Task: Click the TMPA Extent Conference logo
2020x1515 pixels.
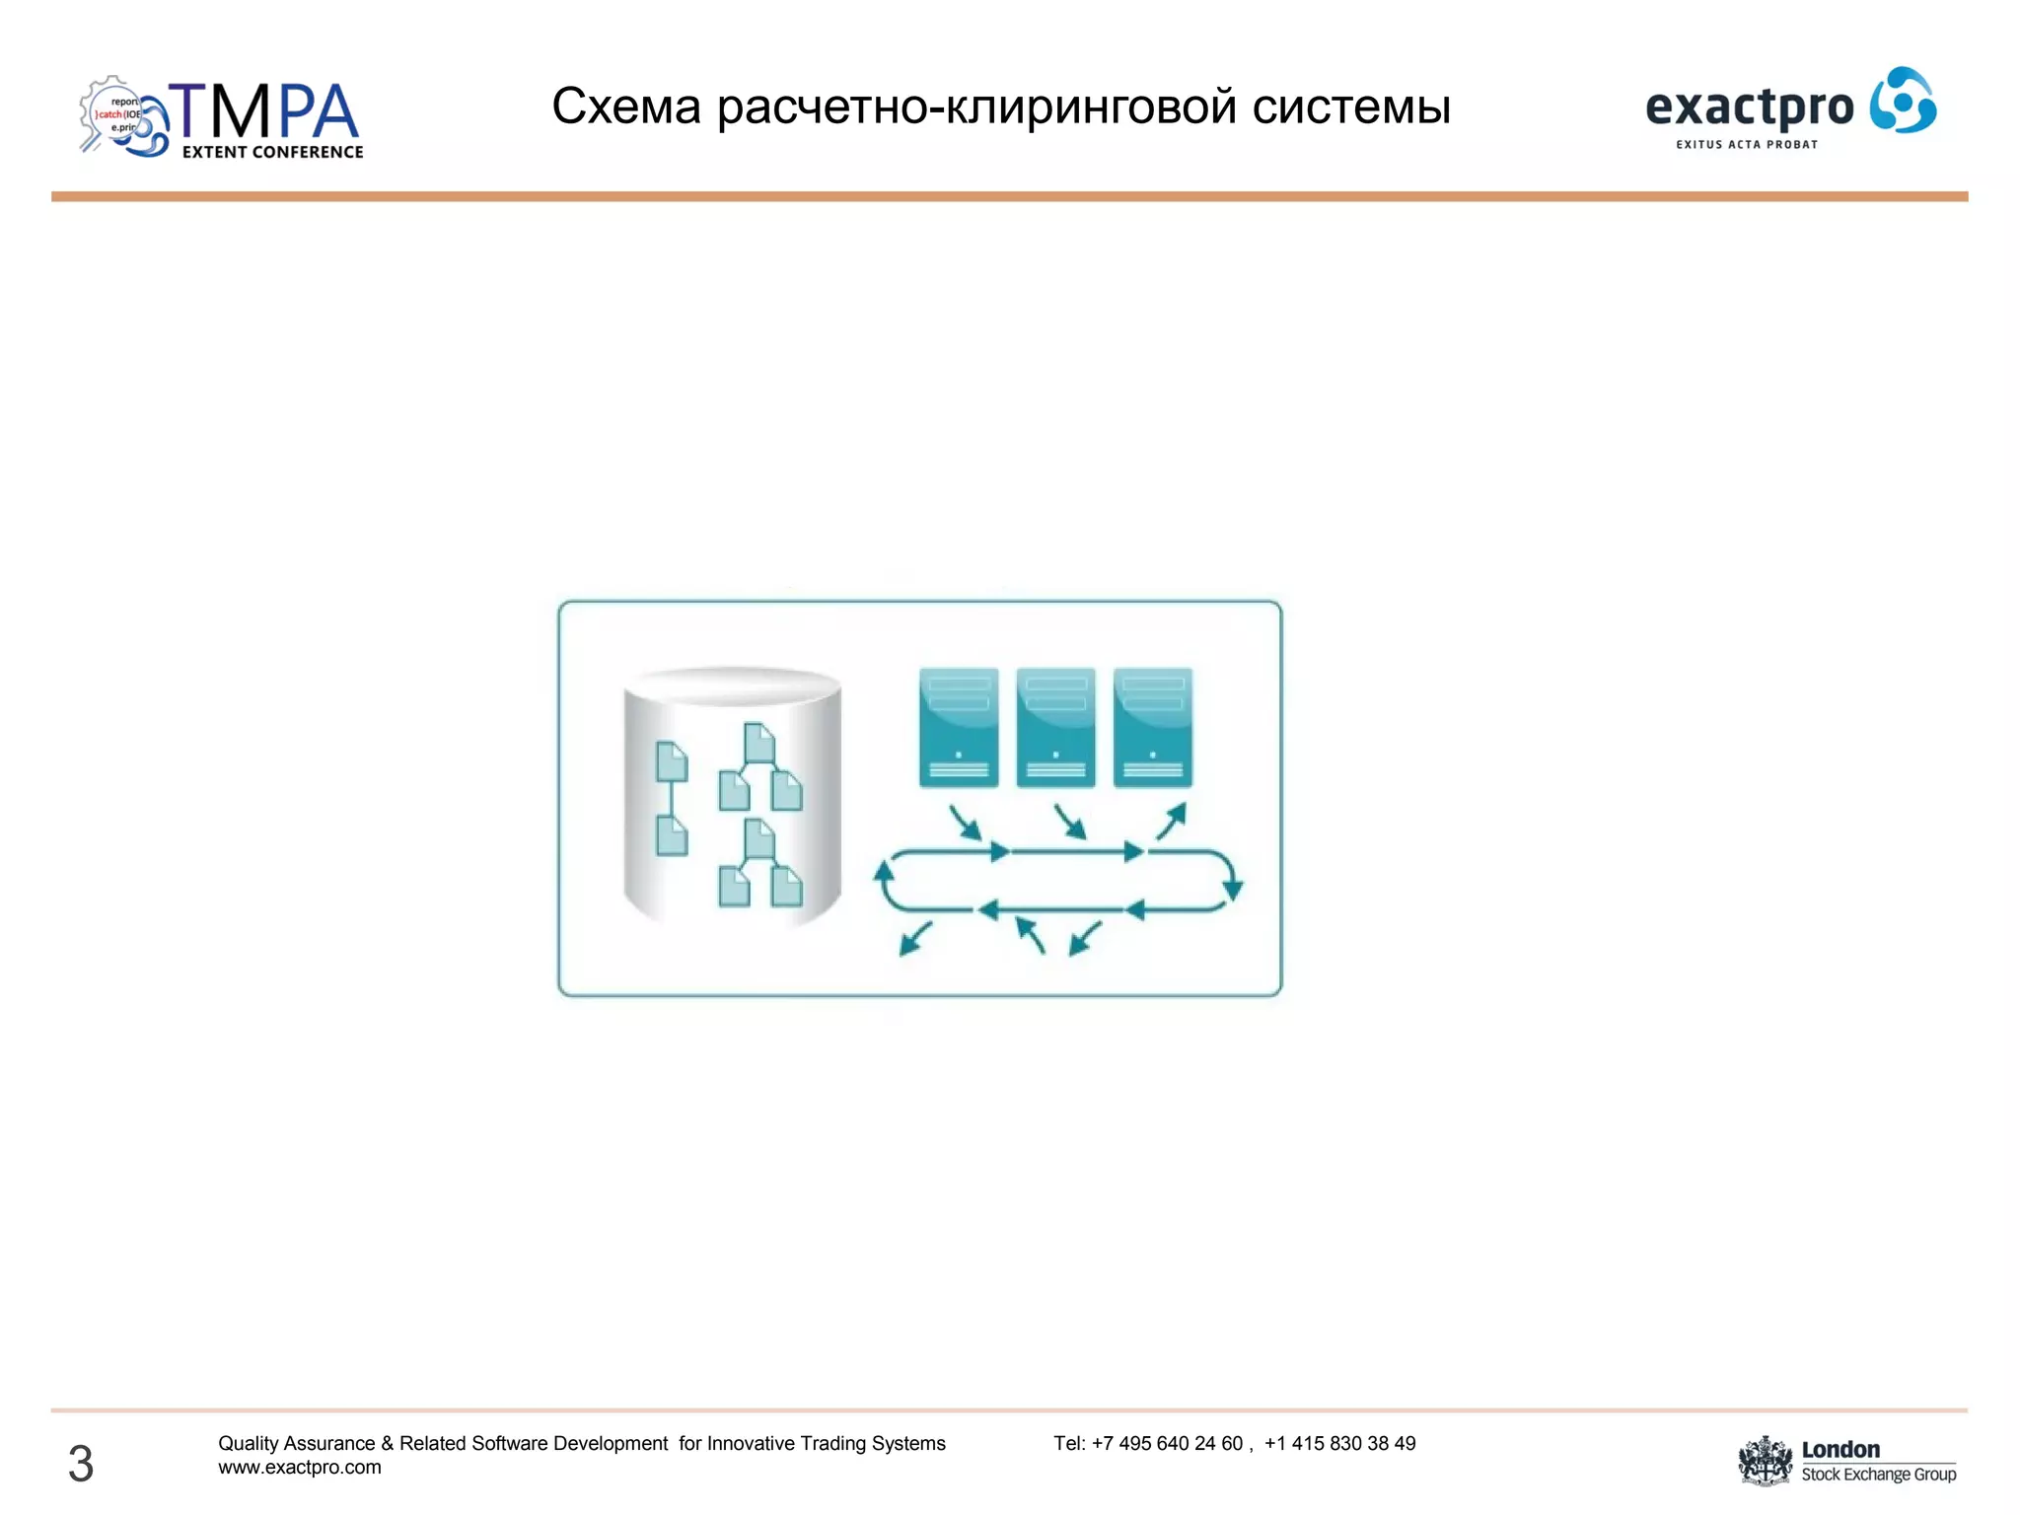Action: (222, 117)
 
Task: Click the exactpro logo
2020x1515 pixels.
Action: (1790, 108)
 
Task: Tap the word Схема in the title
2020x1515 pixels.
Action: (625, 107)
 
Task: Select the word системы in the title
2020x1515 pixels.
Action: (1351, 107)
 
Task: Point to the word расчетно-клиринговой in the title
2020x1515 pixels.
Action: (976, 107)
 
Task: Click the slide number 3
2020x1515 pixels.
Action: (81, 1463)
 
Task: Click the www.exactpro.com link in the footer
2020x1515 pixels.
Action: (300, 1468)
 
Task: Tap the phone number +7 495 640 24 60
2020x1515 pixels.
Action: (1167, 1443)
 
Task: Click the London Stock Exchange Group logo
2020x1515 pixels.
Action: (1847, 1462)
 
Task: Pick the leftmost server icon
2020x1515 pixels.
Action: (959, 727)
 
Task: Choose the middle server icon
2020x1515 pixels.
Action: (1055, 727)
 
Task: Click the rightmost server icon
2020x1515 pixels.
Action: (1152, 727)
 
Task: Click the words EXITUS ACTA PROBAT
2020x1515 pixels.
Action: (1747, 145)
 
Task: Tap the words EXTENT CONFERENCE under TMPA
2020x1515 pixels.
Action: (273, 152)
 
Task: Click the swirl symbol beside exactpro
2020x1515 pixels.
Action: (1903, 100)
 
